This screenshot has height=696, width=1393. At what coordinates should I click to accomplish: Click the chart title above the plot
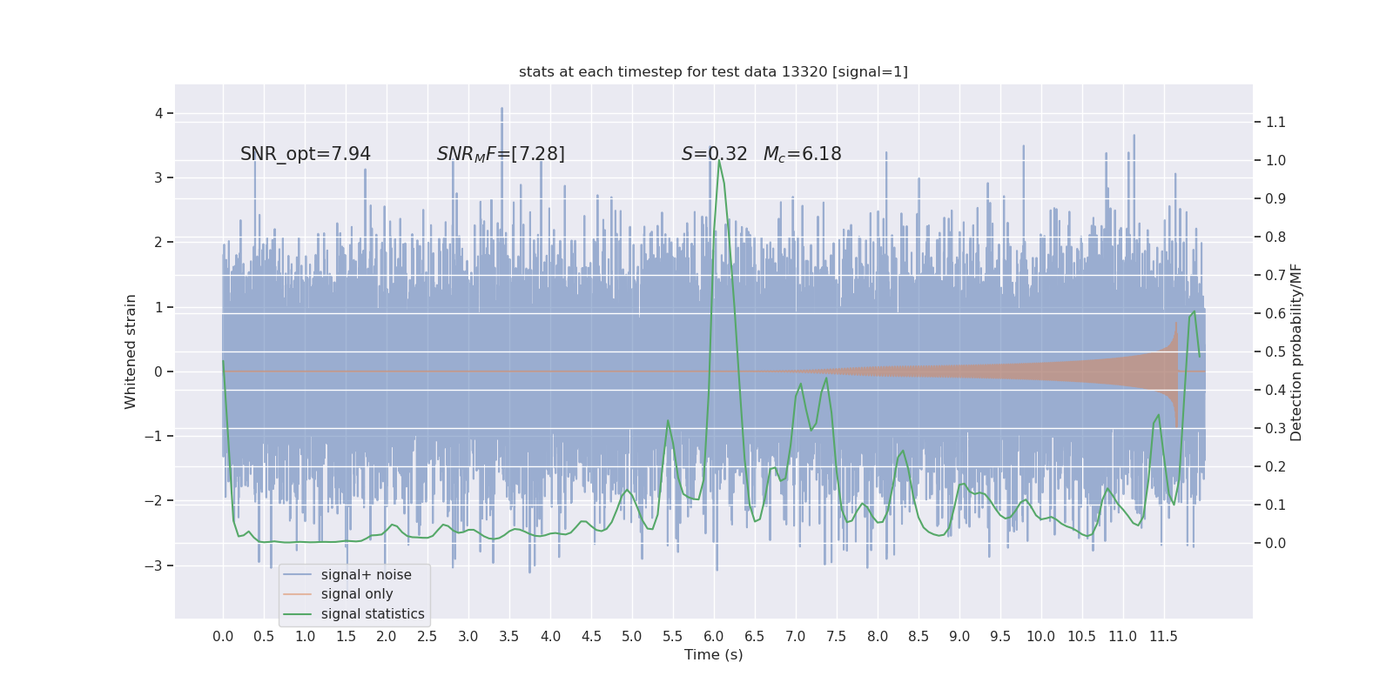[713, 72]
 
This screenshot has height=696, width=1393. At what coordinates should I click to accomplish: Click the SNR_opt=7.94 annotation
[306, 154]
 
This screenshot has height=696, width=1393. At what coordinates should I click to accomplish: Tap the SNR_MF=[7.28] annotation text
[501, 154]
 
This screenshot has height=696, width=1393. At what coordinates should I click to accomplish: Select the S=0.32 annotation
[714, 154]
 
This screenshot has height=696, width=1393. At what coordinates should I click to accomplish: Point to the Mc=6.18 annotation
[802, 154]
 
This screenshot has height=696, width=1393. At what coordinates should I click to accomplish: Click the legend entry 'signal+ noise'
[366, 575]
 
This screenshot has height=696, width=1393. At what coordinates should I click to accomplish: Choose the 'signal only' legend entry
[357, 594]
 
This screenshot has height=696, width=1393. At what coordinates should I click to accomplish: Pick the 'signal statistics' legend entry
[373, 614]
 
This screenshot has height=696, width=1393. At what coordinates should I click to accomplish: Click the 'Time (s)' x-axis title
[713, 655]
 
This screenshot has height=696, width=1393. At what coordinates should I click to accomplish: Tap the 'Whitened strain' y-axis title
[131, 351]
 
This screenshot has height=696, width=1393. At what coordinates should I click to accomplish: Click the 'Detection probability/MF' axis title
[1296, 351]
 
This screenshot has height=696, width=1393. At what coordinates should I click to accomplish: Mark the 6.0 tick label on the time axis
[714, 637]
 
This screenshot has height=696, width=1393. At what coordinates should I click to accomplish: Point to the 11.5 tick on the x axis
[1163, 637]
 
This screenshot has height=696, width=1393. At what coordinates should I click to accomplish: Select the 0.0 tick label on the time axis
[223, 637]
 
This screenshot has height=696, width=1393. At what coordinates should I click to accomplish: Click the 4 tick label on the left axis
[159, 113]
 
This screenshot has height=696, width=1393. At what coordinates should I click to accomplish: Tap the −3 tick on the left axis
[155, 565]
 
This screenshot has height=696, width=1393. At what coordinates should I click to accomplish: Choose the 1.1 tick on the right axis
[1275, 123]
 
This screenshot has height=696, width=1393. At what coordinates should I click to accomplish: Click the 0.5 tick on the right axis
[1275, 351]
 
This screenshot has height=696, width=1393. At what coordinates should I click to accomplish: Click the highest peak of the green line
[719, 160]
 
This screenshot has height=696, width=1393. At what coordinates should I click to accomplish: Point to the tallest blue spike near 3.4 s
[501, 110]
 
